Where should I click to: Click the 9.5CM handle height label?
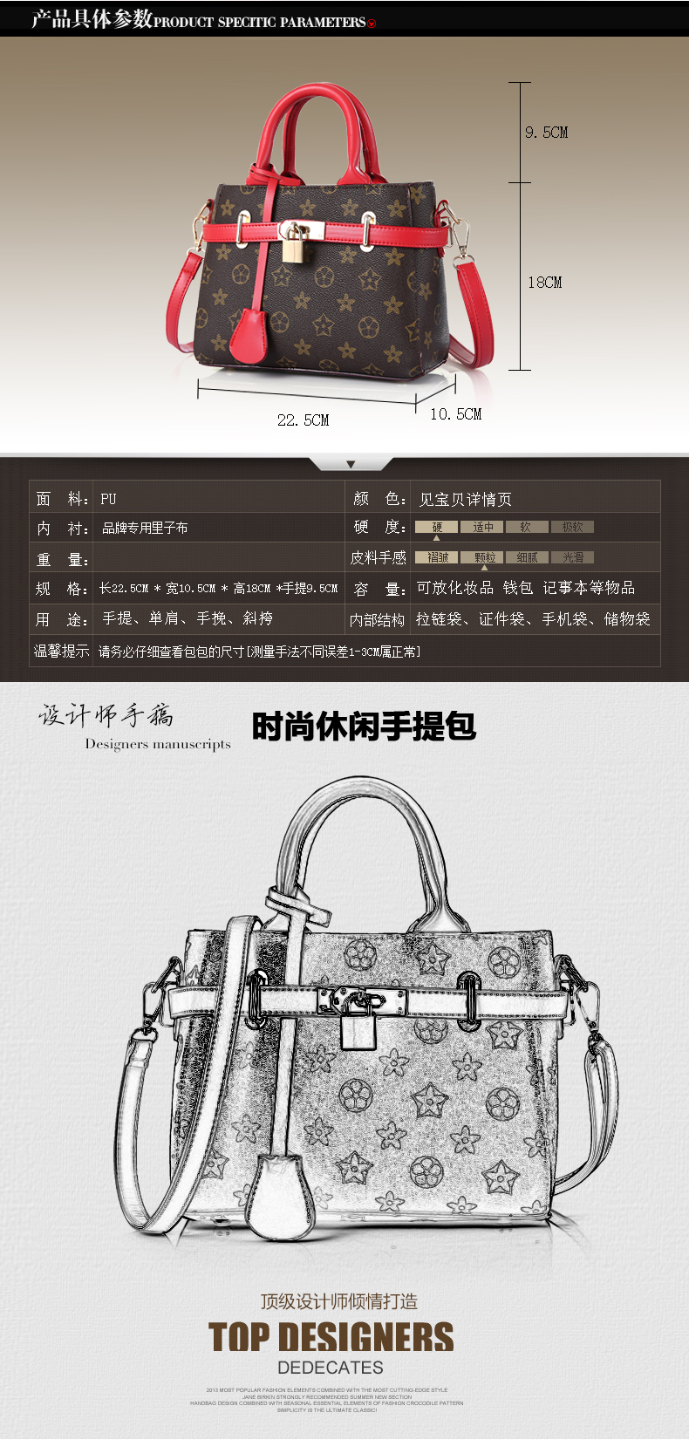coord(546,133)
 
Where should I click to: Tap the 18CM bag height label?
coord(544,283)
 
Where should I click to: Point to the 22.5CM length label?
coord(303,420)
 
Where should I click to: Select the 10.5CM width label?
coord(455,414)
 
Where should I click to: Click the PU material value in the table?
coord(108,500)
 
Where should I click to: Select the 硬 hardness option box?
coord(436,527)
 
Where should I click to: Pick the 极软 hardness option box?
coord(572,527)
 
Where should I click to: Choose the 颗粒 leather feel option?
coord(485,557)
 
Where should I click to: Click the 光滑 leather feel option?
coord(573,557)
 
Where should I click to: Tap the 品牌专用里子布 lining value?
coord(145,528)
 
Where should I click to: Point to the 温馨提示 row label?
coord(61,651)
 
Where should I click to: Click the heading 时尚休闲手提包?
coord(364,727)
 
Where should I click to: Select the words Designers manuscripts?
coord(158,744)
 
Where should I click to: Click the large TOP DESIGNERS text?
coord(331,1337)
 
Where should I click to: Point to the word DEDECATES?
coord(331,1368)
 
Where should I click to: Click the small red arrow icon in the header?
coord(372,24)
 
